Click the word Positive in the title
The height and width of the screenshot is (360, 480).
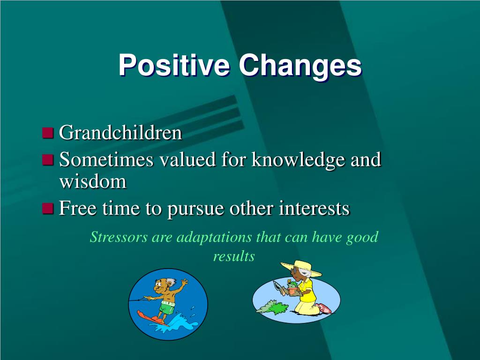click(174, 65)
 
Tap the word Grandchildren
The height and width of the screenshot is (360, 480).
click(120, 132)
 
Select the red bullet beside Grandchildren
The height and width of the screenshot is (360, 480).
click(48, 133)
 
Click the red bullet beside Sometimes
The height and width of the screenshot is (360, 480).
click(48, 159)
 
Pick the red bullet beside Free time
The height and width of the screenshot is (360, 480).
click(48, 208)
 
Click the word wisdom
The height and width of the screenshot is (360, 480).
click(93, 181)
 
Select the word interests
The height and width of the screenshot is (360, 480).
click(314, 208)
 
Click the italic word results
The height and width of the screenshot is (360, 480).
click(234, 256)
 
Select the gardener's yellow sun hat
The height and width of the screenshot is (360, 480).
click(301, 269)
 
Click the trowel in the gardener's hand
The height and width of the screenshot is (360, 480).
click(278, 286)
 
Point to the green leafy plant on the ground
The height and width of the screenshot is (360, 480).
click(273, 307)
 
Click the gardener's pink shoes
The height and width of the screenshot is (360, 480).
click(324, 308)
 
